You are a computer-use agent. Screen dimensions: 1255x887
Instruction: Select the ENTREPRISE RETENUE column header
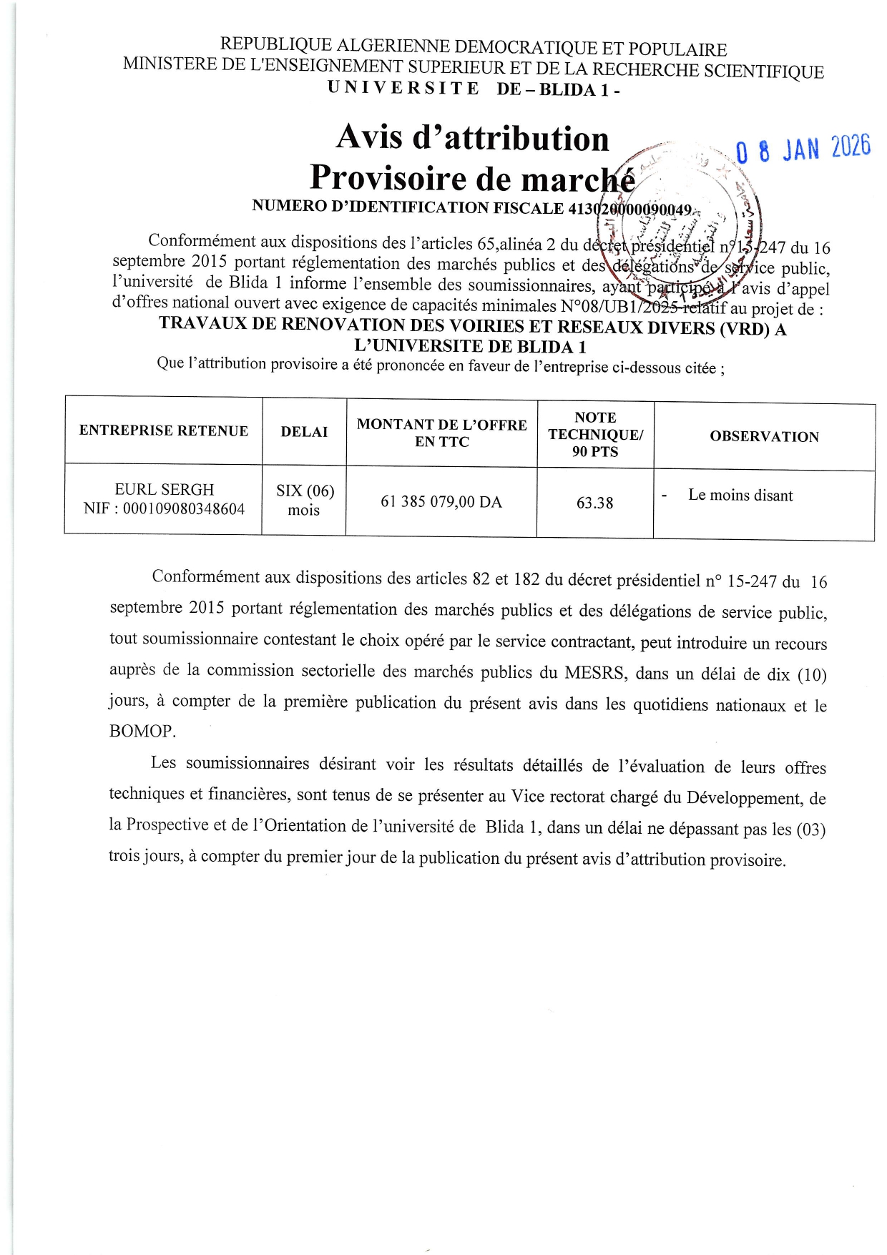tap(164, 430)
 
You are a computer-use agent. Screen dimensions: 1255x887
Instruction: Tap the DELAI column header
tap(304, 432)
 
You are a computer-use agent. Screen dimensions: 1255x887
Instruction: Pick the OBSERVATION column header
tap(764, 436)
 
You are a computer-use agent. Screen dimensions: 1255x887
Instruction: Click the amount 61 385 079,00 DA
tap(441, 502)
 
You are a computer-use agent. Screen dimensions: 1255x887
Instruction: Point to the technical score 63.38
tap(594, 503)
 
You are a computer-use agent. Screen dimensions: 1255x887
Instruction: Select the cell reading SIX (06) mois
tap(305, 500)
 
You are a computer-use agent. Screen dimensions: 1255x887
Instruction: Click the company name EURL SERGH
tap(165, 490)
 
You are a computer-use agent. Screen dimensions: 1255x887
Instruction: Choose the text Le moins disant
tap(740, 495)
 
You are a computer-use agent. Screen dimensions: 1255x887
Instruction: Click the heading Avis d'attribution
tap(472, 137)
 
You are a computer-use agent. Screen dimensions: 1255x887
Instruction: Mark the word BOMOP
tap(142, 732)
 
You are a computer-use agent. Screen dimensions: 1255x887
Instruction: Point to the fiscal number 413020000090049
tap(630, 210)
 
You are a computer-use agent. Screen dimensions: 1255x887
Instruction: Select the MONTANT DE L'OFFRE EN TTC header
tap(441, 433)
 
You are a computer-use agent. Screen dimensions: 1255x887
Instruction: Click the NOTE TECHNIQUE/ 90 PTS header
tap(595, 434)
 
